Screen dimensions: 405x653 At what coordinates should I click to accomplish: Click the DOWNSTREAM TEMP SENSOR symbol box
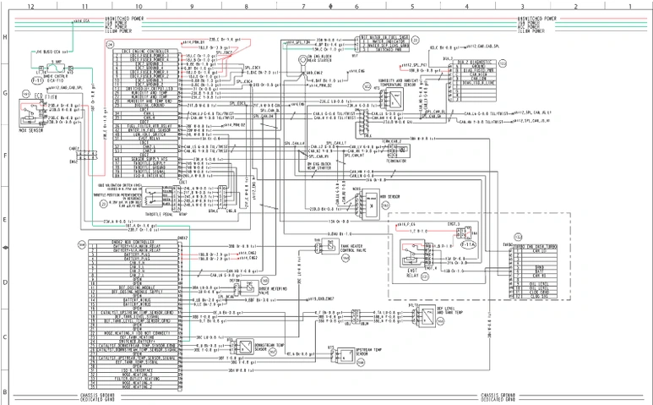tap(243, 347)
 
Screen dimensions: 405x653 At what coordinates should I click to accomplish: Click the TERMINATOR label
tap(399, 158)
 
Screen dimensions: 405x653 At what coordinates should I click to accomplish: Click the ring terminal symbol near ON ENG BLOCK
tap(302, 61)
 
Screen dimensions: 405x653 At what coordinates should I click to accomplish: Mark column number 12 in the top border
tap(30, 5)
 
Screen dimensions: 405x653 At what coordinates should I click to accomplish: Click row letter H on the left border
tap(5, 37)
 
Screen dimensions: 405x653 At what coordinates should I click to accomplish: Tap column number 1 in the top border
tap(629, 5)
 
